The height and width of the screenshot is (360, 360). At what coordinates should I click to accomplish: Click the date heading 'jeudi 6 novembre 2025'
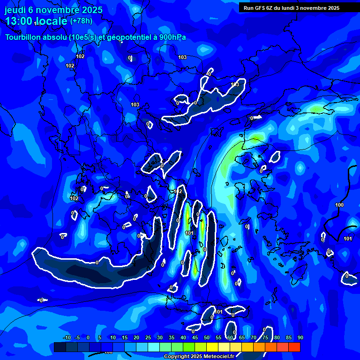53,10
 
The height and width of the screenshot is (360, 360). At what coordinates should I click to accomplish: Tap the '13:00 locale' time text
36,21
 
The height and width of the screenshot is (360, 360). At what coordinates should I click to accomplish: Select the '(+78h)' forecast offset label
81,21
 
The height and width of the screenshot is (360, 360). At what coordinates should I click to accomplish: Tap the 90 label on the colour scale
300,338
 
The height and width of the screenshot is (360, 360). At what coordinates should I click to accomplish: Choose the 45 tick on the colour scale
195,338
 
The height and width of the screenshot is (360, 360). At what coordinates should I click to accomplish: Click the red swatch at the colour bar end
294,347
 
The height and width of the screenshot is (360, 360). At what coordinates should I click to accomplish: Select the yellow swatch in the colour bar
212,347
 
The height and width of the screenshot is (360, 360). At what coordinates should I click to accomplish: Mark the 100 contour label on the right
339,205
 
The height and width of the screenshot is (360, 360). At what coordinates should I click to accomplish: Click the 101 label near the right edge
347,239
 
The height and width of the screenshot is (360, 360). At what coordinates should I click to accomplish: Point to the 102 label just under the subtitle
80,56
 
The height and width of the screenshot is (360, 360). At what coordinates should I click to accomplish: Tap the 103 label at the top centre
182,57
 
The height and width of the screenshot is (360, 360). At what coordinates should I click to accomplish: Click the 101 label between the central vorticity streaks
189,232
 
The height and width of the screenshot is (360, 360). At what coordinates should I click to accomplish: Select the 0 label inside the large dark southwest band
97,262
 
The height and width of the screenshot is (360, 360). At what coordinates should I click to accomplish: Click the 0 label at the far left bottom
41,300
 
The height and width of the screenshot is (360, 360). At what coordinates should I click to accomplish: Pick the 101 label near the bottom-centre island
218,311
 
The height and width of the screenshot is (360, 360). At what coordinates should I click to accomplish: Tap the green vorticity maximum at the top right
317,109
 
